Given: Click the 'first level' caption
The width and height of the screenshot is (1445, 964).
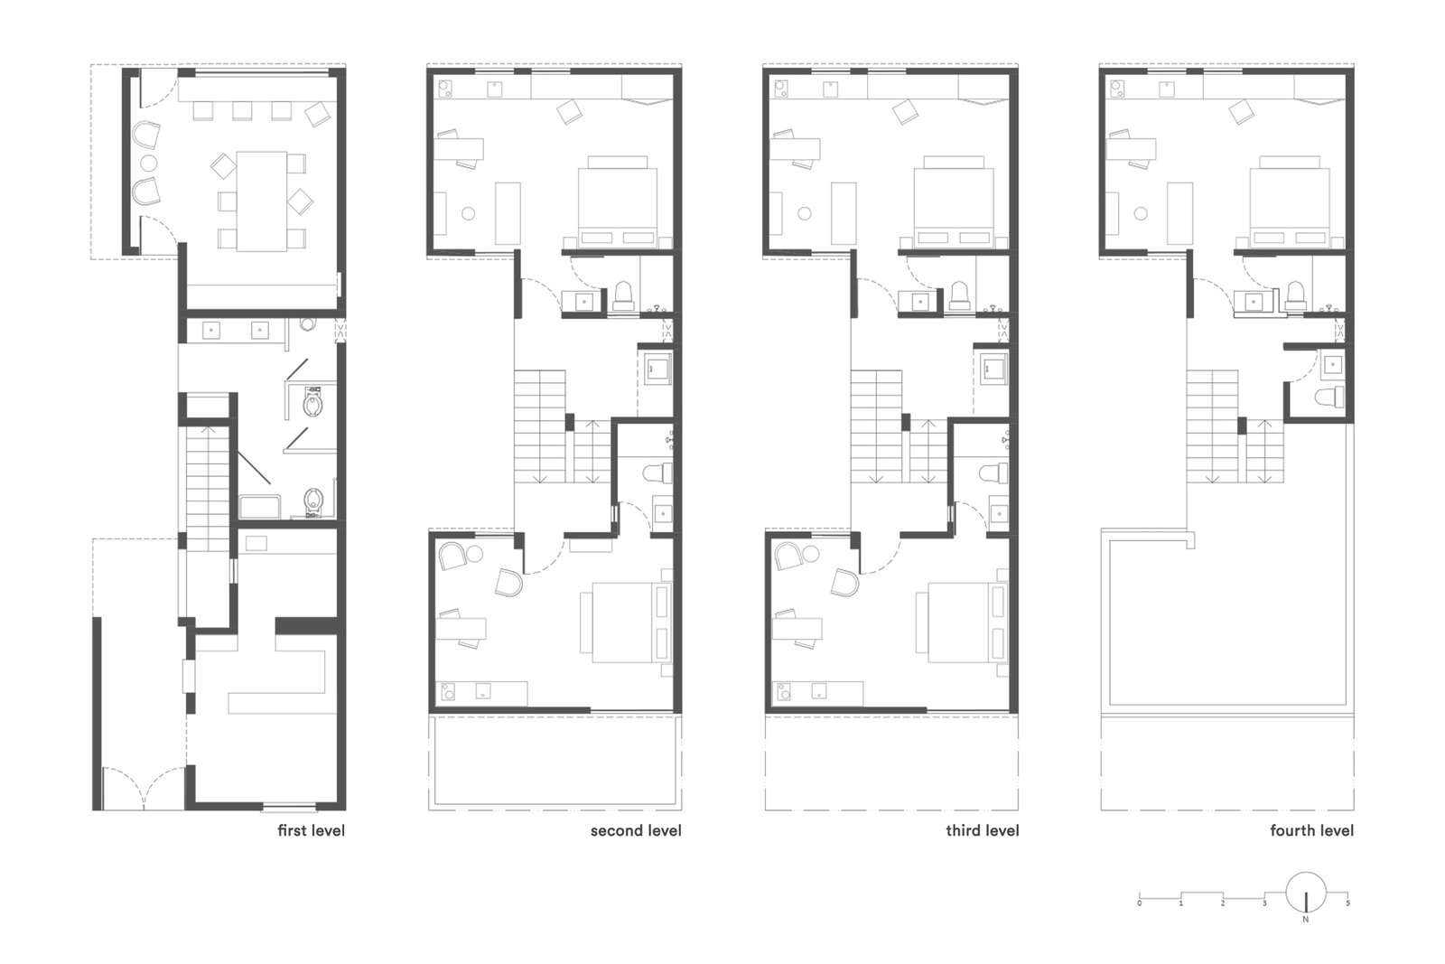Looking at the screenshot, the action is click(311, 830).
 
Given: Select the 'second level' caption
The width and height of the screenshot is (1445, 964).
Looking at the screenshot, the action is click(636, 830).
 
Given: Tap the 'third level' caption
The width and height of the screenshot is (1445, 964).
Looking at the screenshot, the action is click(983, 830).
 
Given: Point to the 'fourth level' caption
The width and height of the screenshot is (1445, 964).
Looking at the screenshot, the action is click(1312, 830).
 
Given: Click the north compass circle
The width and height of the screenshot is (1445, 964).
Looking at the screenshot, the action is click(1306, 893).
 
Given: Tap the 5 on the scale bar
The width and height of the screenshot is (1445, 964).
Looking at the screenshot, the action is click(1347, 903).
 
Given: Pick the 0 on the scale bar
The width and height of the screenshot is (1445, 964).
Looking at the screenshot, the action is click(1140, 903).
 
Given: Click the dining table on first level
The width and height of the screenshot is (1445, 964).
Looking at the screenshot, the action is click(262, 201).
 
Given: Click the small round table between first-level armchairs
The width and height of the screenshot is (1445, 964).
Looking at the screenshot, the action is click(148, 162).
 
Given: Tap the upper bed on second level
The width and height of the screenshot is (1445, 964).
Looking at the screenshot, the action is click(618, 201).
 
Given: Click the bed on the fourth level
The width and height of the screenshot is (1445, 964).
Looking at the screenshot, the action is click(1290, 201).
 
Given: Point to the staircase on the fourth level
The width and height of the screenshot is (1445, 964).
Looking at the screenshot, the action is click(1235, 426).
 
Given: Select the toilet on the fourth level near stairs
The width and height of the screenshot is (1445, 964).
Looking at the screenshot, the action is click(1330, 397).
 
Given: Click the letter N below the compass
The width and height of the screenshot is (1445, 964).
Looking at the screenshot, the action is click(1306, 920).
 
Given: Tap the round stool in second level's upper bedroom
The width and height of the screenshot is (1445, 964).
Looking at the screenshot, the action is click(469, 213).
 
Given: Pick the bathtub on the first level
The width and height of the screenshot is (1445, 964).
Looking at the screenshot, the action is click(260, 507).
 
